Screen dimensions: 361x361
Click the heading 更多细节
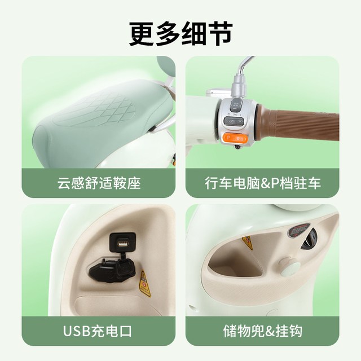pyautogui.click(x=180, y=34)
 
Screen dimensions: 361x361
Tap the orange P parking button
pyautogui.click(x=235, y=139)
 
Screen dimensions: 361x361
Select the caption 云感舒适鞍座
pyautogui.click(x=99, y=183)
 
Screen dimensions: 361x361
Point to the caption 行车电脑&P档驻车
pyautogui.click(x=263, y=183)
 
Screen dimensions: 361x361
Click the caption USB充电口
pyautogui.click(x=98, y=331)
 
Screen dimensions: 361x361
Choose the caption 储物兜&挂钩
pyautogui.click(x=262, y=331)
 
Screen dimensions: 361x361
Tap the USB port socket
pyautogui.click(x=122, y=243)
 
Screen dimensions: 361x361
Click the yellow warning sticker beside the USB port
pyautogui.click(x=144, y=284)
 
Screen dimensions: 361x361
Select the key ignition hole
pyautogui.click(x=309, y=239)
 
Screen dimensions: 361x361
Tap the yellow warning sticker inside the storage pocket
pyautogui.click(x=248, y=243)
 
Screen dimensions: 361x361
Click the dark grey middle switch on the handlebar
pyautogui.click(x=234, y=121)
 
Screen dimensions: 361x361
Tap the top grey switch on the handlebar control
pyautogui.click(x=236, y=105)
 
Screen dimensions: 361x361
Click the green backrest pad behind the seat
pyautogui.click(x=166, y=67)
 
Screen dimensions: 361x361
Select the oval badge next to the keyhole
pyautogui.click(x=298, y=230)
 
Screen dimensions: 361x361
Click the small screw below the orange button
pyautogui.click(x=236, y=147)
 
